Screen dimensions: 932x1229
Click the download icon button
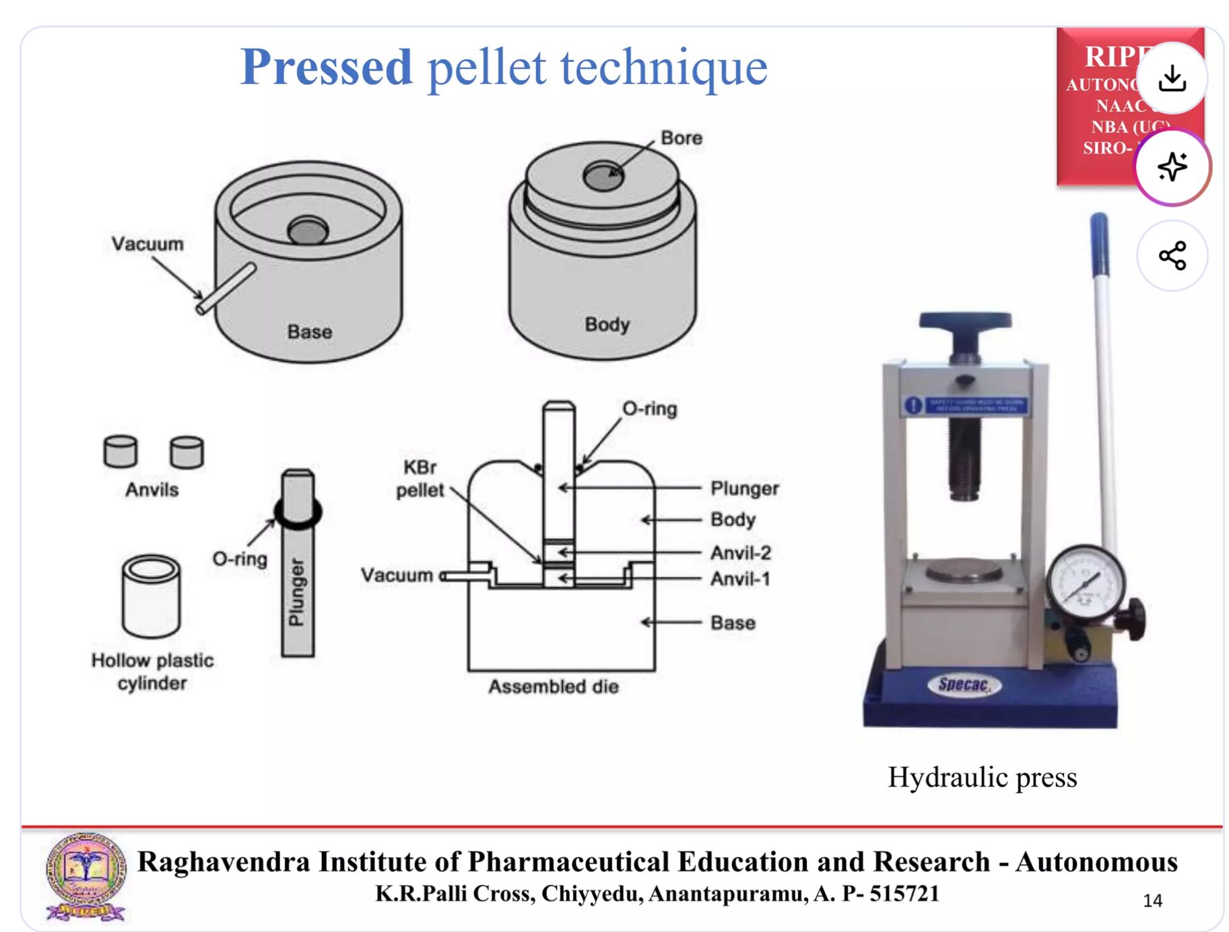pos(1172,78)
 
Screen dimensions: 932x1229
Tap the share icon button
pos(1172,256)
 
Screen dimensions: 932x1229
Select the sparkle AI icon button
pos(1172,167)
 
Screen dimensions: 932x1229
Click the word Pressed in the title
pos(326,67)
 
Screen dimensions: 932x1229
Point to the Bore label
pos(681,138)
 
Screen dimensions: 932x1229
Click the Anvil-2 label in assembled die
pos(740,553)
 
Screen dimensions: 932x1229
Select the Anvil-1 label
pos(740,579)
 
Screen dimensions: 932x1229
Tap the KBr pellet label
pos(420,479)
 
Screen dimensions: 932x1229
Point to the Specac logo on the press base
pos(964,685)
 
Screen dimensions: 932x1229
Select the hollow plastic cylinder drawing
pos(151,596)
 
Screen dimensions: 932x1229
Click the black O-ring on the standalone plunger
pos(298,513)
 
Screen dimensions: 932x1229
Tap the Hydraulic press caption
pos(982,777)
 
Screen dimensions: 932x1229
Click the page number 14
pos(1152,900)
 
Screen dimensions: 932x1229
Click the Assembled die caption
pos(553,687)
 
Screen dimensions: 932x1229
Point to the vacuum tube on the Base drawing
pos(226,288)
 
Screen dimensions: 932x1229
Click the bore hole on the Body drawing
pos(603,177)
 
